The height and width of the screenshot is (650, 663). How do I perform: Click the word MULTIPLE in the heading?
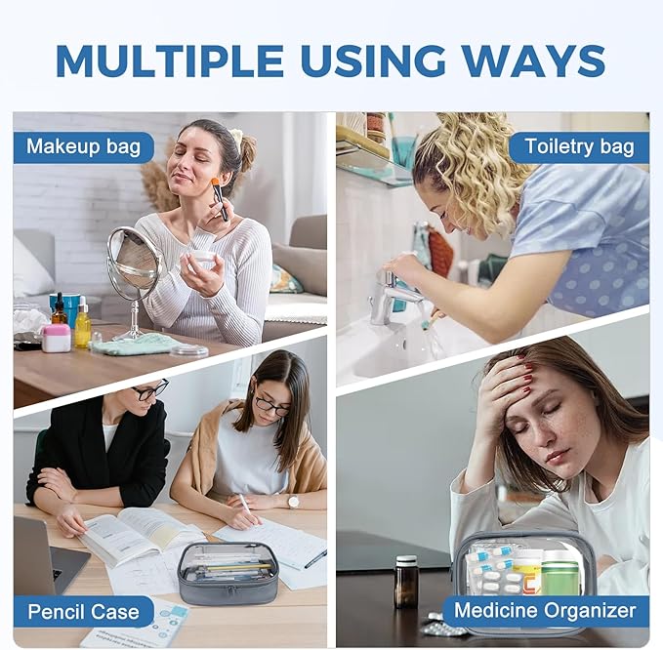[169, 60]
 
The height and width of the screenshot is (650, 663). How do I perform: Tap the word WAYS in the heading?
[533, 60]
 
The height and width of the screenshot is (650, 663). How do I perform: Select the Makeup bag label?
[83, 147]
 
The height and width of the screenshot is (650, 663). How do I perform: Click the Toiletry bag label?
[579, 147]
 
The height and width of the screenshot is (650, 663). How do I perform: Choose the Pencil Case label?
[83, 612]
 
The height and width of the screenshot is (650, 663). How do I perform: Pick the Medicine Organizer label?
[545, 611]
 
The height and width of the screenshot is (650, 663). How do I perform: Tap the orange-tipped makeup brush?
[221, 199]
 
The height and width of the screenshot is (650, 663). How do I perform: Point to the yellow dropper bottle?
[82, 322]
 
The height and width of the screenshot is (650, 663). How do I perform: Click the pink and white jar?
[56, 338]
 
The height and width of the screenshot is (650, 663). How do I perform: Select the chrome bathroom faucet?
[392, 296]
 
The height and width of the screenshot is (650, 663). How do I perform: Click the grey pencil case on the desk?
[228, 574]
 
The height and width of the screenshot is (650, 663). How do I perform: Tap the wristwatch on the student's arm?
[293, 502]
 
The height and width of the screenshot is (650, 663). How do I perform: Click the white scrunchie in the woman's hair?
[236, 137]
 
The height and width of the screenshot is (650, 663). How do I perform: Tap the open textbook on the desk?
[140, 535]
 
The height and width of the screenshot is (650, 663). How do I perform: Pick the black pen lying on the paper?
[315, 558]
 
